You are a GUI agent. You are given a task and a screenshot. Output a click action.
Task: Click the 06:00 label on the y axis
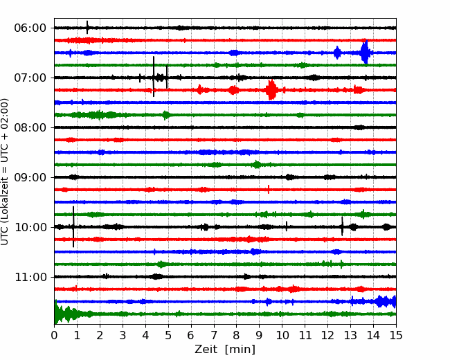30,28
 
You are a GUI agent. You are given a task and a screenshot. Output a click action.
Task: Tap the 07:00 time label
30,78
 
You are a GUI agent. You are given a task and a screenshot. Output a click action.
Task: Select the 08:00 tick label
30,128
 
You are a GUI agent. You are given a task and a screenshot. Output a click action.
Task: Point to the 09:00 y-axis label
30,177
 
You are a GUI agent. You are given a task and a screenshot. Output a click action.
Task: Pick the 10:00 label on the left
30,227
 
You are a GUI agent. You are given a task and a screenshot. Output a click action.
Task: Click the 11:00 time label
30,278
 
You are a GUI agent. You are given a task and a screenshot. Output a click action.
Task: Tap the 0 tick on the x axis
54,335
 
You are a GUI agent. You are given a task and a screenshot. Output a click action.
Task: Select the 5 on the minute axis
168,335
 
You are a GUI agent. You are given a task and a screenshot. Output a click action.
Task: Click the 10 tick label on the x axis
282,335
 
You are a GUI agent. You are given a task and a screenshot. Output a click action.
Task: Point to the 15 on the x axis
396,335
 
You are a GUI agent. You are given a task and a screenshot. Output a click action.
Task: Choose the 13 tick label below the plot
350,335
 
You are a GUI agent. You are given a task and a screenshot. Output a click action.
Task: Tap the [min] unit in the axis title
240,350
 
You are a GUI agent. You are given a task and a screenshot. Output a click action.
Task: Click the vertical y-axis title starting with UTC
5,172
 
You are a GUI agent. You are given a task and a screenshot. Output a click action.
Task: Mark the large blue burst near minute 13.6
365,52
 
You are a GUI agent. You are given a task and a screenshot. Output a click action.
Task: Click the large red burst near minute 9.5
271,90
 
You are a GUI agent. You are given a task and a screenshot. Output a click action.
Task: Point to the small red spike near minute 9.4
269,189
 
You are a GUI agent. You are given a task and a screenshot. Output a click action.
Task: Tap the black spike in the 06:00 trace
87,27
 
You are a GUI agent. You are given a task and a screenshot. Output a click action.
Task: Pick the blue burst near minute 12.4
337,53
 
